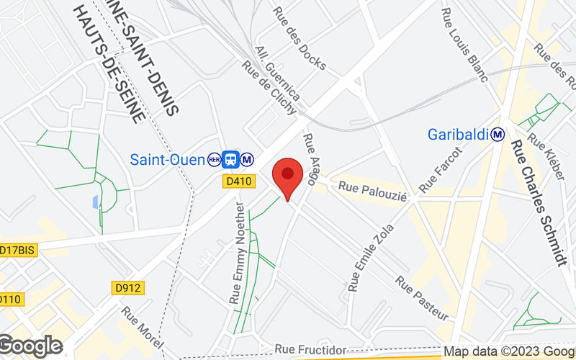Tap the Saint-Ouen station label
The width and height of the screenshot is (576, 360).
[167, 159]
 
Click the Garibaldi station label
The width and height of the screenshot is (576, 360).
[458, 134]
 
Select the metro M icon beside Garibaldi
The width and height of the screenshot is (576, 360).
[498, 134]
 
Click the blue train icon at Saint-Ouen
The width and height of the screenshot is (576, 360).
[231, 159]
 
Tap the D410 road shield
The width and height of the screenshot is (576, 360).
[238, 181]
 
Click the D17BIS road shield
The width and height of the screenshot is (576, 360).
[18, 250]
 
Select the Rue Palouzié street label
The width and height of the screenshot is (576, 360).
[373, 191]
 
